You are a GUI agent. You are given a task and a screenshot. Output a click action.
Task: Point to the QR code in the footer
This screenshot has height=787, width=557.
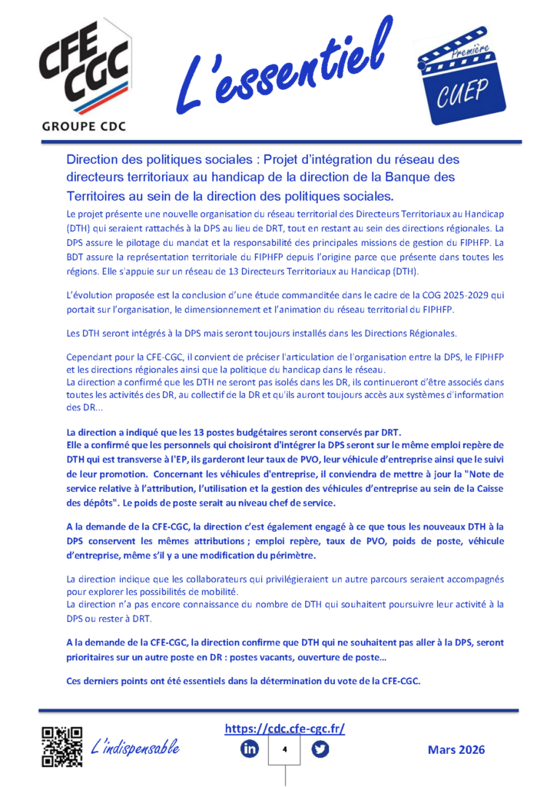tap(62, 746)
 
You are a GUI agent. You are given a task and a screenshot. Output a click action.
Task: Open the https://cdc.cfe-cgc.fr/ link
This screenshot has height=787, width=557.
tap(285, 728)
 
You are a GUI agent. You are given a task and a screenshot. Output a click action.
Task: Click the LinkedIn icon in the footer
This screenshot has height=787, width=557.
tap(250, 749)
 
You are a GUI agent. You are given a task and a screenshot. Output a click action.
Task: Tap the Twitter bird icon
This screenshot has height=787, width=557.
tap(320, 749)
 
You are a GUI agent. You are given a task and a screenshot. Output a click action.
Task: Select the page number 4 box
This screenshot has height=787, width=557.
tap(285, 750)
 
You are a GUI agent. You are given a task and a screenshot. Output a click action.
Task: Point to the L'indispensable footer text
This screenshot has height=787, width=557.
tap(135, 746)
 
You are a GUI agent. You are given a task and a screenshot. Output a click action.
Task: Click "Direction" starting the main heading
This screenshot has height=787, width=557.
tap(93, 160)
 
